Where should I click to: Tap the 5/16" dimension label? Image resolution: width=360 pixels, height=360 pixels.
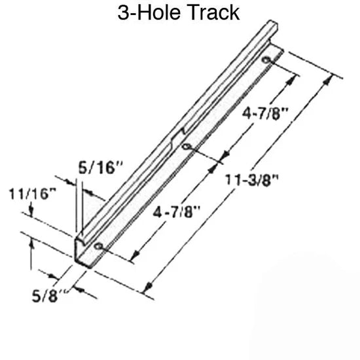(101, 168)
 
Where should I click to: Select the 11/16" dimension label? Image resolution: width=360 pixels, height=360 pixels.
(33, 194)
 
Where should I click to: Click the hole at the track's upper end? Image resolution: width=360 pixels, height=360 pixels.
(266, 61)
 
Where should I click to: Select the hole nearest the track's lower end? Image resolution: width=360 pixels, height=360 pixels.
(99, 247)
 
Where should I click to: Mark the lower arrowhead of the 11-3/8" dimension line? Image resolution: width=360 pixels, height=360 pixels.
(149, 286)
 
